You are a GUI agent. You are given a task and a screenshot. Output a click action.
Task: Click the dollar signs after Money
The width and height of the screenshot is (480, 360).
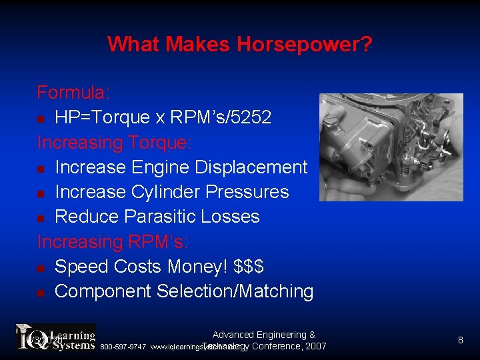[249, 267]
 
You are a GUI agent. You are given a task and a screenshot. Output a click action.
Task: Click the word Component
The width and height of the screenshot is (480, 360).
[103, 291]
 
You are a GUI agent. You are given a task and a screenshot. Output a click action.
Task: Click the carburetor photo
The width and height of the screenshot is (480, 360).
[391, 147]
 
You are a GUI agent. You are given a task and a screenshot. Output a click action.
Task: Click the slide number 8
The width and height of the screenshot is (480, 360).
[460, 341]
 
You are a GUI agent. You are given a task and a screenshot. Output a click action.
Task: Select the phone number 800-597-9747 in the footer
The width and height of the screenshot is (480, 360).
[123, 347]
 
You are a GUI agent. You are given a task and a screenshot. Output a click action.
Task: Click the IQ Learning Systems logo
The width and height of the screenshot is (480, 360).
[56, 337]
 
